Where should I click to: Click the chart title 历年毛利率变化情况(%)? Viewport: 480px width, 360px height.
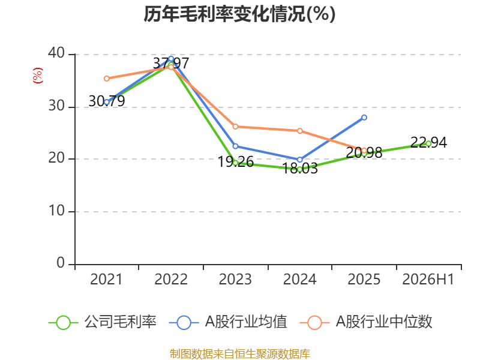click(x=239, y=14)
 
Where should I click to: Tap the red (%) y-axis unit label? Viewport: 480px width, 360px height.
click(x=38, y=76)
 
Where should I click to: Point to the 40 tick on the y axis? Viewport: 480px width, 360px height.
click(x=56, y=53)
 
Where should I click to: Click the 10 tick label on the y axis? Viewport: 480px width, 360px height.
click(x=56, y=211)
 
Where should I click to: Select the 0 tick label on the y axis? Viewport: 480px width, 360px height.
click(x=61, y=263)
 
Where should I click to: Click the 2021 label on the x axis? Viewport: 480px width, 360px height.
click(x=106, y=280)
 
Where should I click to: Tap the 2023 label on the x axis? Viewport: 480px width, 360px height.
click(x=235, y=280)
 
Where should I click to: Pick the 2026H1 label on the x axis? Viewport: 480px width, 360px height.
click(x=428, y=280)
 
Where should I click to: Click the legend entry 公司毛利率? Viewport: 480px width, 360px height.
click(x=103, y=322)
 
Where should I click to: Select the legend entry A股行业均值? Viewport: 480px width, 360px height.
click(x=228, y=322)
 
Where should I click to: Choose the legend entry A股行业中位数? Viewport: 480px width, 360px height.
click(x=366, y=322)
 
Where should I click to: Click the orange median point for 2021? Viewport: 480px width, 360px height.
click(x=107, y=79)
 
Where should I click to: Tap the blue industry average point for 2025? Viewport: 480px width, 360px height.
click(x=364, y=118)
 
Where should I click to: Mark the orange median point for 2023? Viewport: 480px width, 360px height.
click(x=235, y=127)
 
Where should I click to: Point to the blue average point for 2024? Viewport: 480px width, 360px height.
click(x=299, y=160)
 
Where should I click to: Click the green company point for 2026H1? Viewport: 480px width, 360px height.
click(x=428, y=143)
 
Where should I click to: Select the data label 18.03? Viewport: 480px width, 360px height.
click(x=299, y=169)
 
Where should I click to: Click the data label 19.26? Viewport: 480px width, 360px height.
click(x=235, y=162)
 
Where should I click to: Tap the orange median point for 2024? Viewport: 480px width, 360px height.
click(x=299, y=131)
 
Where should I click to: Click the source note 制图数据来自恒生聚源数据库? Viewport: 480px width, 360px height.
click(x=239, y=354)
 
